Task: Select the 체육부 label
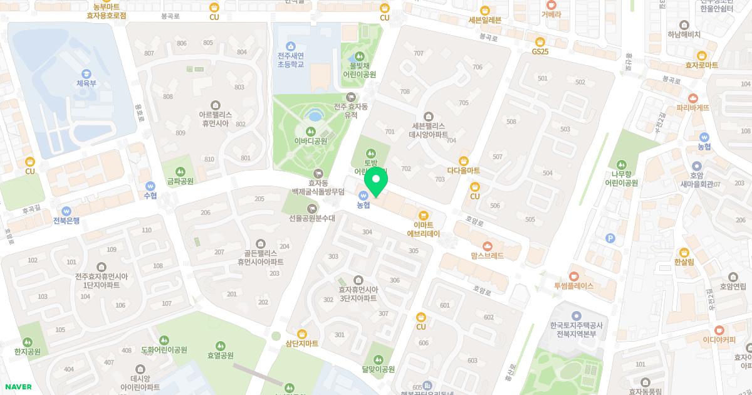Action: point(86,83)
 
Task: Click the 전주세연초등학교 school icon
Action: point(290,46)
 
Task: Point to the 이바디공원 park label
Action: point(311,141)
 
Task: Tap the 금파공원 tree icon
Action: point(180,171)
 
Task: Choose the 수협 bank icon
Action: point(150,186)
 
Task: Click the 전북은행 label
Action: point(66,221)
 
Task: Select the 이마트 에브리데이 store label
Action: point(424,229)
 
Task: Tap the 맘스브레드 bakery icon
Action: point(488,245)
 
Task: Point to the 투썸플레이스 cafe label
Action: point(573,286)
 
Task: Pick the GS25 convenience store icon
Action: point(540,41)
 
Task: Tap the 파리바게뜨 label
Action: point(692,108)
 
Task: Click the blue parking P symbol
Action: point(610,238)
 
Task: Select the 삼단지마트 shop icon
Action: point(302,333)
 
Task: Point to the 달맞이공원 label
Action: point(379,369)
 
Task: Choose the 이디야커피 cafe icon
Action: point(719,330)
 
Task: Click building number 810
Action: point(209,159)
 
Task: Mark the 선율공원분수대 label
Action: point(312,218)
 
